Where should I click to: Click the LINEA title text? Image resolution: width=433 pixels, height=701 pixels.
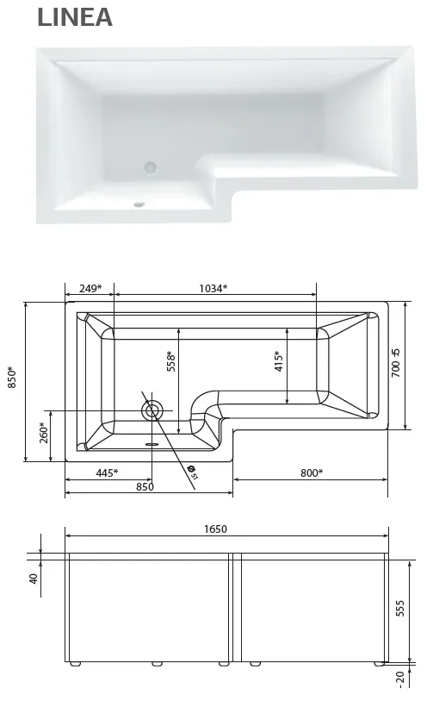pyautogui.click(x=75, y=17)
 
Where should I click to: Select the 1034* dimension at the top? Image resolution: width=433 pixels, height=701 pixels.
pyautogui.click(x=213, y=289)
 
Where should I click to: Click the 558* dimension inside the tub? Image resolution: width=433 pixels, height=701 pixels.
pyautogui.click(x=171, y=360)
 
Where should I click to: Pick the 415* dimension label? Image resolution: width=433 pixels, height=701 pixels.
pyautogui.click(x=278, y=360)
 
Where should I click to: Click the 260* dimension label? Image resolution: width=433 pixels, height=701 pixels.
pyautogui.click(x=43, y=433)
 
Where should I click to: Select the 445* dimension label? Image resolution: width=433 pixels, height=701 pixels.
pyautogui.click(x=106, y=473)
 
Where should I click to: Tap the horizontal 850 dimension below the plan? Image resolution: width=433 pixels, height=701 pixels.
pyautogui.click(x=145, y=486)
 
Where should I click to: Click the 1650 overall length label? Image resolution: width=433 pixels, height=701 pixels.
pyautogui.click(x=225, y=529)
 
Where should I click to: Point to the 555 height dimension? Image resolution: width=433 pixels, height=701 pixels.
pyautogui.click(x=399, y=609)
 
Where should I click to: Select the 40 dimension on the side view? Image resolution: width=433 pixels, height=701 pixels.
pyautogui.click(x=34, y=579)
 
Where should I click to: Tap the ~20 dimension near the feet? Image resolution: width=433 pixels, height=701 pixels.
pyautogui.click(x=401, y=679)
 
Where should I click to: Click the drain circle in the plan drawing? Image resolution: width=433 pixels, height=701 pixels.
pyautogui.click(x=153, y=410)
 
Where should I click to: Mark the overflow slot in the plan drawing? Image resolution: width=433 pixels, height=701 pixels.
pyautogui.click(x=153, y=445)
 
